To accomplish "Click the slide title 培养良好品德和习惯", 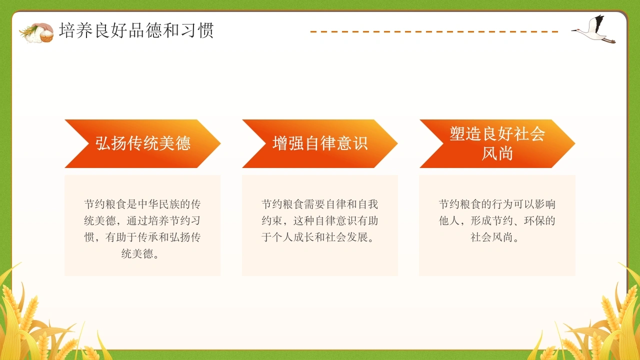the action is pos(136,30).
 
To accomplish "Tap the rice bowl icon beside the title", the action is pos(36,33).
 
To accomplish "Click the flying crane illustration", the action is pos(593,29).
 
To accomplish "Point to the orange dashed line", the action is pos(434,31).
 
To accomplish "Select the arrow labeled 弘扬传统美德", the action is pos(142,143).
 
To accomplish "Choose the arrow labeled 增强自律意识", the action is pos(320,143).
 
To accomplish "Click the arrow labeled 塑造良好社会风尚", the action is pos(497,143).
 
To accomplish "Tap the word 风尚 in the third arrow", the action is pos(497,153).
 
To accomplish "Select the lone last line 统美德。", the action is pos(140,253).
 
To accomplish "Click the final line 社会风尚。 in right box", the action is pos(495,237).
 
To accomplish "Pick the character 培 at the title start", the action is pos(67,30).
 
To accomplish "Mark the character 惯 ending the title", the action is pos(205,30).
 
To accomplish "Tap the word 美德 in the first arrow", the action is pos(174,143).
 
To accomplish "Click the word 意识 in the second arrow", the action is pos(352,143).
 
